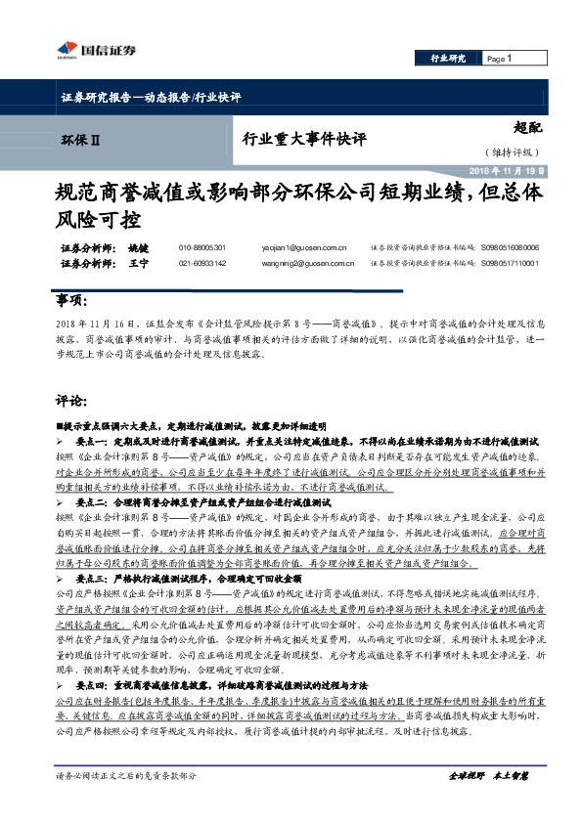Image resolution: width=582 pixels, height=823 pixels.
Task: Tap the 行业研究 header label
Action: coord(448,59)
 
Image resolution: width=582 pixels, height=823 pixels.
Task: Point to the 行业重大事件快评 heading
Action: coord(303,139)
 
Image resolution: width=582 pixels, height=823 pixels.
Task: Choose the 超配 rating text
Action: coord(528,126)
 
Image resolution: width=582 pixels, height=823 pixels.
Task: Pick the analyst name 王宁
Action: coord(137,263)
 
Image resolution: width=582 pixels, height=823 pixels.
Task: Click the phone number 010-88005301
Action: coord(202,247)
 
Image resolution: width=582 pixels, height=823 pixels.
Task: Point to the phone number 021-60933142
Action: coord(202,263)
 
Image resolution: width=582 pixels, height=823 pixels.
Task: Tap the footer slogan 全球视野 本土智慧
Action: coord(487,775)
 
